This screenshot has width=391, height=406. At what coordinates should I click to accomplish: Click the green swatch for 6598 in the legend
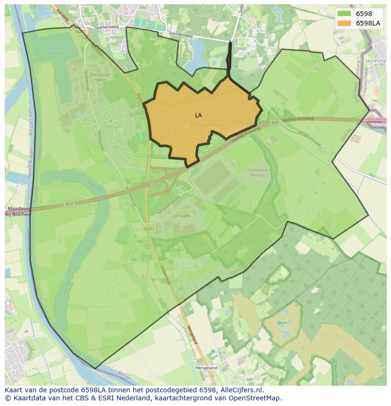pyautogui.click(x=344, y=14)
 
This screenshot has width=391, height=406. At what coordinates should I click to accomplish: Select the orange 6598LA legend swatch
pyautogui.click(x=344, y=23)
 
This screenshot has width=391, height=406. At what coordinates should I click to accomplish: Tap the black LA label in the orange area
pyautogui.click(x=198, y=115)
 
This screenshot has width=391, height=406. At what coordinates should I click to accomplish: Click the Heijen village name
pyautogui.click(x=115, y=126)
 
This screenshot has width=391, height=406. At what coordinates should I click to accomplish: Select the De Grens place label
pyautogui.click(x=182, y=215)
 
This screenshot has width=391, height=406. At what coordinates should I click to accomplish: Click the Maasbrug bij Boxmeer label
pyautogui.click(x=19, y=211)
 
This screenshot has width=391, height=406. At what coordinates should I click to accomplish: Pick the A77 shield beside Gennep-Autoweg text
pyautogui.click(x=275, y=123)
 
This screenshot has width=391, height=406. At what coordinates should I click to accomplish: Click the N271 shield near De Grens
pyautogui.click(x=149, y=229)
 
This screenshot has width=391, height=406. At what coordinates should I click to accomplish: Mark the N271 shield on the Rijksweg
pyautogui.click(x=80, y=32)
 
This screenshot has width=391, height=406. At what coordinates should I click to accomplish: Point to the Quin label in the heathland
pyautogui.click(x=282, y=323)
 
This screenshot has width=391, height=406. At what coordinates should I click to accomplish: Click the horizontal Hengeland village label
pyautogui.click(x=207, y=367)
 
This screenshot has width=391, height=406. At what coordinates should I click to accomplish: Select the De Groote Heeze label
pyautogui.click(x=100, y=77)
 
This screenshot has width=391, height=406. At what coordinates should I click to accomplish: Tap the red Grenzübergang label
pyautogui.click(x=376, y=119)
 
